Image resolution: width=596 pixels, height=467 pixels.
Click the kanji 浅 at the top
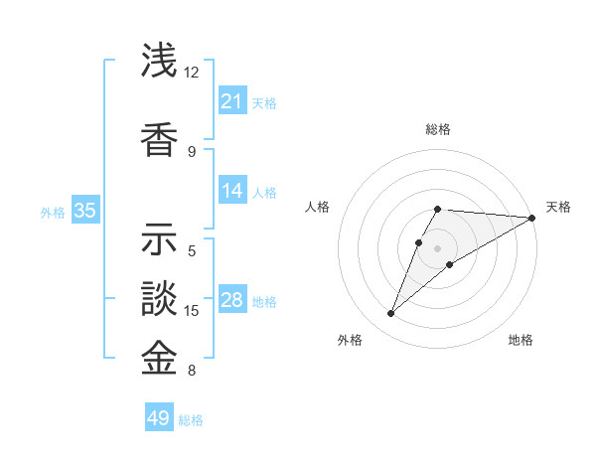159,62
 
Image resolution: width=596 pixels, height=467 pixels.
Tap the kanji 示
159,239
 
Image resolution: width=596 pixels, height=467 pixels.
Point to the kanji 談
159,299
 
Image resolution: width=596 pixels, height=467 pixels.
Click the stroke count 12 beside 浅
192,73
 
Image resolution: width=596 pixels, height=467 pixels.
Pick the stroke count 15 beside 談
192,311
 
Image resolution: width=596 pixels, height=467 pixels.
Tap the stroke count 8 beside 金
192,372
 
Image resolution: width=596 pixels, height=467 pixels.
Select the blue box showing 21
231,101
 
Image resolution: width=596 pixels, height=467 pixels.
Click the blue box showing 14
231,191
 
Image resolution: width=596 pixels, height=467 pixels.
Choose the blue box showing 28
231,300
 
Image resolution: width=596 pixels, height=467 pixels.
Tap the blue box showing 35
84,211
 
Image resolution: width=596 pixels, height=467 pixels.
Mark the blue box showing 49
158,418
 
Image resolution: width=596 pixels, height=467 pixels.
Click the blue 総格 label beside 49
191,420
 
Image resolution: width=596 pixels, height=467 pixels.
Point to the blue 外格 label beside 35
53,212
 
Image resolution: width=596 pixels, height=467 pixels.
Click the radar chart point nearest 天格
531,218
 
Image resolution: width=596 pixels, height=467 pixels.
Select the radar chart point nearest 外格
391,314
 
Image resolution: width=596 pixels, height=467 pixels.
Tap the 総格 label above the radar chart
437,129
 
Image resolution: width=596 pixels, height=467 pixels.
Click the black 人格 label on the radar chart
317,207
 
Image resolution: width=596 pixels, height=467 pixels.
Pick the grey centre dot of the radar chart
437,248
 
